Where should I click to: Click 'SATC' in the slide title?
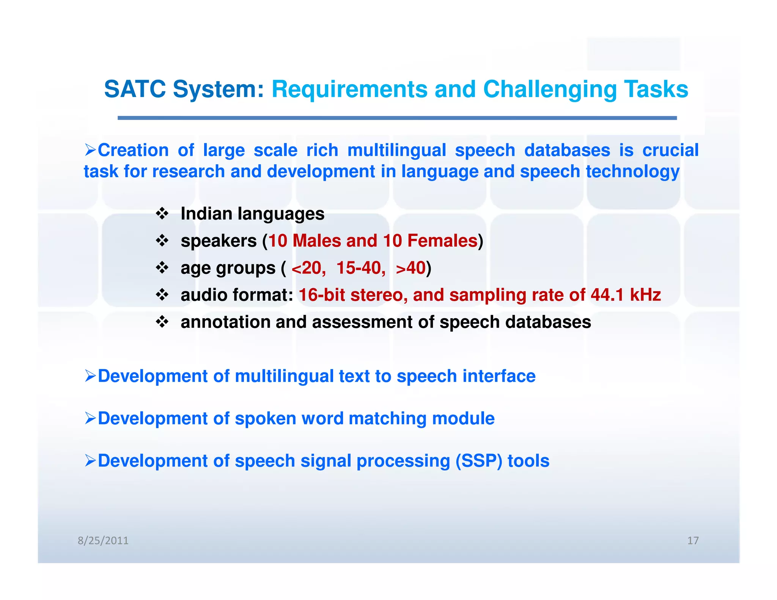pyautogui.click(x=135, y=90)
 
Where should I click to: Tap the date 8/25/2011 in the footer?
pyautogui.click(x=103, y=540)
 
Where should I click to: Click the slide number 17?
pyautogui.click(x=693, y=540)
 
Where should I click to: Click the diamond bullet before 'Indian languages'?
pyautogui.click(x=162, y=214)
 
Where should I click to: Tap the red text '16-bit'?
pyautogui.click(x=322, y=295)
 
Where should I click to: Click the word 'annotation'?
pyautogui.click(x=225, y=322)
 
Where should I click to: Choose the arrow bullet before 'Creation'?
pyautogui.click(x=90, y=150)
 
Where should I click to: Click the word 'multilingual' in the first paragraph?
pyautogui.click(x=396, y=150)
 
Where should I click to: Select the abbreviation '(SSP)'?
pyautogui.click(x=479, y=461)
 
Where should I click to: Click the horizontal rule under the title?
pyautogui.click(x=397, y=118)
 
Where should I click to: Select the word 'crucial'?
pyautogui.click(x=670, y=150)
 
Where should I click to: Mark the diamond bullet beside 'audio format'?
pyautogui.click(x=162, y=295)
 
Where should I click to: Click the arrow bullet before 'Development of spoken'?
pyautogui.click(x=90, y=418)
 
